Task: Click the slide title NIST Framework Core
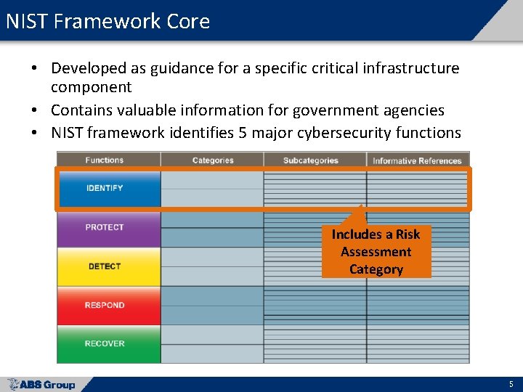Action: point(108,21)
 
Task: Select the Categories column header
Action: point(213,160)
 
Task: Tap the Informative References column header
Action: point(417,161)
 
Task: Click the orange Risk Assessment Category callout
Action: point(376,252)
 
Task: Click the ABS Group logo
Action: point(41,385)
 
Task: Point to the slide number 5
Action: point(511,384)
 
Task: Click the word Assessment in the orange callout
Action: point(376,252)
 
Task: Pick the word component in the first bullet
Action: point(91,87)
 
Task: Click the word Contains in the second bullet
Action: point(81,110)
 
